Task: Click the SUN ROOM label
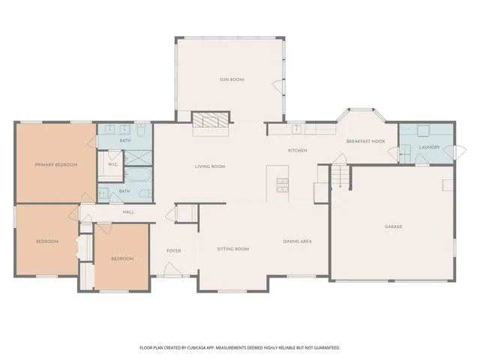pos(232,79)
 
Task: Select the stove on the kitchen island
pos(283,184)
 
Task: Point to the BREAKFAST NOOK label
pos(365,142)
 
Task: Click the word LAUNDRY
pos(429,147)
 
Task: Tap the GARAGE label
pos(394,226)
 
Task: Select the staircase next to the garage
pos(340,178)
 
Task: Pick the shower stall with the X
pos(137,158)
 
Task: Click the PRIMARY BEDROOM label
pos(56,164)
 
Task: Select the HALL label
pos(128,212)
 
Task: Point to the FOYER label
pos(174,250)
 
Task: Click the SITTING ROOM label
pos(232,248)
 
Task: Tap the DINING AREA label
pos(297,241)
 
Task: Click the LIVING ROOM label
pos(210,166)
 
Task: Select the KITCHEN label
pos(298,151)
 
